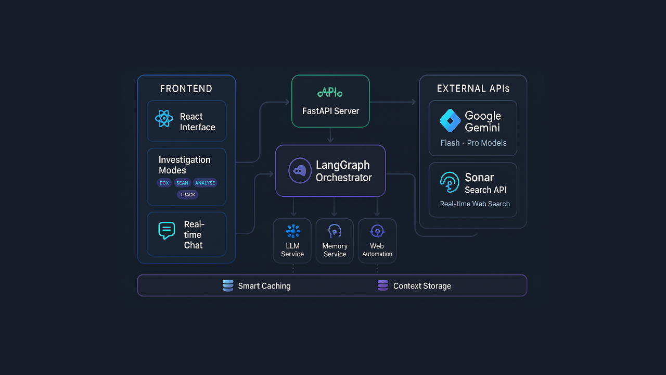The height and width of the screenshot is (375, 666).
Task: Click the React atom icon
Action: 164,119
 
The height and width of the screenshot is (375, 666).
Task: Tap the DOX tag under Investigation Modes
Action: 164,183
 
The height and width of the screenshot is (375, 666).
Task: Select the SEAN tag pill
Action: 182,183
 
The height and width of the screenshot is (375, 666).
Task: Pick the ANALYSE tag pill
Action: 205,183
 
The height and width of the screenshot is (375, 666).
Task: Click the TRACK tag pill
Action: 188,195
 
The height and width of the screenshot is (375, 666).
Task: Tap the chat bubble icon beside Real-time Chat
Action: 166,230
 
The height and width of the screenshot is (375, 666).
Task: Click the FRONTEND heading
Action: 186,89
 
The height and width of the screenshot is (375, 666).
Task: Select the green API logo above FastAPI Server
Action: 330,93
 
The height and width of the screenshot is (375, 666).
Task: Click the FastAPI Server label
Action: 330,111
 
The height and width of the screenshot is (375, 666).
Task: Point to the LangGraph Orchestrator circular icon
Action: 300,171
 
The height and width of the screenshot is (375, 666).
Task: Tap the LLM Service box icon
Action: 293,231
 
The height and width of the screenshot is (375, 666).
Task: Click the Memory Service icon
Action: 335,231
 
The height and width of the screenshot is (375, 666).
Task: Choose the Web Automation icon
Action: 377,231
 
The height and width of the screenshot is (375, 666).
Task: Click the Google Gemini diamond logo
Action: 450,121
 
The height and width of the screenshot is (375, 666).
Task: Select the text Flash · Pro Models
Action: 473,143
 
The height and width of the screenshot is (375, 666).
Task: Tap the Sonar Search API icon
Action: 450,182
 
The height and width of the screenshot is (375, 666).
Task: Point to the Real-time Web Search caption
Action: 475,204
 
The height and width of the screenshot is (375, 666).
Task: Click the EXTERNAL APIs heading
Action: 473,89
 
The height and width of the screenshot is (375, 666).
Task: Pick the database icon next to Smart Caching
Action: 228,285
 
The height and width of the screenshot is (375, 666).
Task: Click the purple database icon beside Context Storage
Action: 383,285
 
